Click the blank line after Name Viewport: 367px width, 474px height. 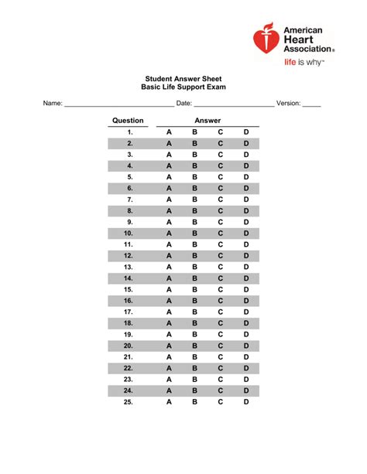[x=116, y=104]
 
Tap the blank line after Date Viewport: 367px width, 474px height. [x=233, y=104]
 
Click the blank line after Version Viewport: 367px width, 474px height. [x=311, y=104]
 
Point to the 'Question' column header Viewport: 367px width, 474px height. [x=128, y=121]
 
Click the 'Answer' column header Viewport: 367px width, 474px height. [x=208, y=121]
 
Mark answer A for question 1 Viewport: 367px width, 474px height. [x=169, y=133]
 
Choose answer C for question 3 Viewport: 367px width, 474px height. [x=221, y=155]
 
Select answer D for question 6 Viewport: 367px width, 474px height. [x=247, y=188]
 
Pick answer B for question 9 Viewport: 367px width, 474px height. [x=195, y=222]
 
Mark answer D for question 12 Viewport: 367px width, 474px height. [x=247, y=255]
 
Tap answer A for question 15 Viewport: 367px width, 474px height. [x=169, y=289]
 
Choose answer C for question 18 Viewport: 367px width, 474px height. [x=221, y=323]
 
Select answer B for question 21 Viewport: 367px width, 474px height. [x=195, y=357]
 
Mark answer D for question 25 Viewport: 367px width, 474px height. [x=247, y=402]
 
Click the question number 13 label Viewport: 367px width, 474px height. [x=129, y=267]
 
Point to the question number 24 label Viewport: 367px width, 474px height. [x=129, y=390]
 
